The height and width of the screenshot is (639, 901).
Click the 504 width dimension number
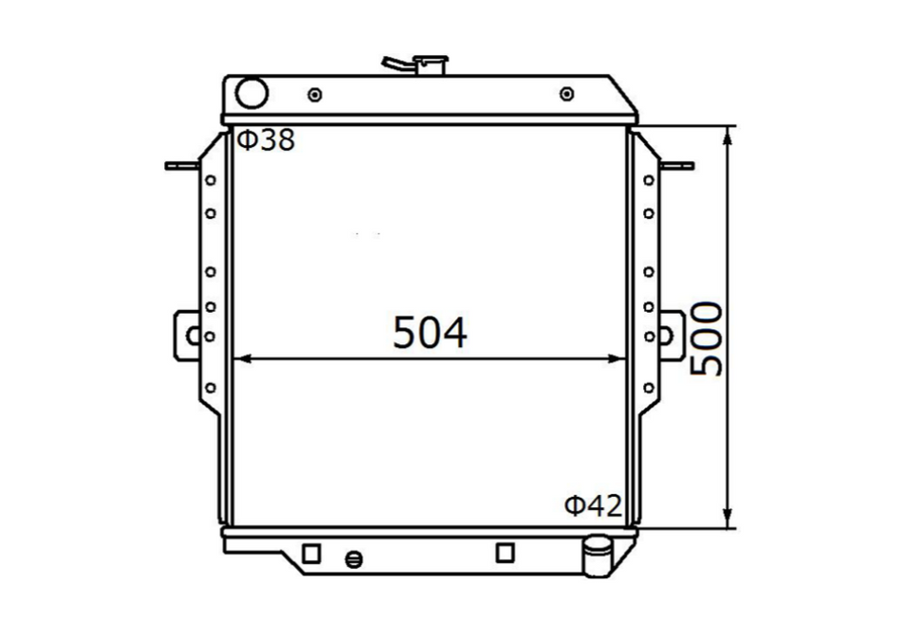click(430, 333)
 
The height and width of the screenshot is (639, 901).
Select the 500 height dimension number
click(706, 339)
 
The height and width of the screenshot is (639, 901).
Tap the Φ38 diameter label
click(267, 139)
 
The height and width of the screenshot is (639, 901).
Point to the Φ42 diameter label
click(594, 505)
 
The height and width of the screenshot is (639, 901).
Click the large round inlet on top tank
click(251, 93)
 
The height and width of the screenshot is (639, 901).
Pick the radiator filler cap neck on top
click(431, 64)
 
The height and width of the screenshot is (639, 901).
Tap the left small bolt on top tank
click(315, 94)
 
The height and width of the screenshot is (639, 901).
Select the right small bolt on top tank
click(567, 93)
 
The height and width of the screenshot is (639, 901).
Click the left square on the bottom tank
click(311, 554)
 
